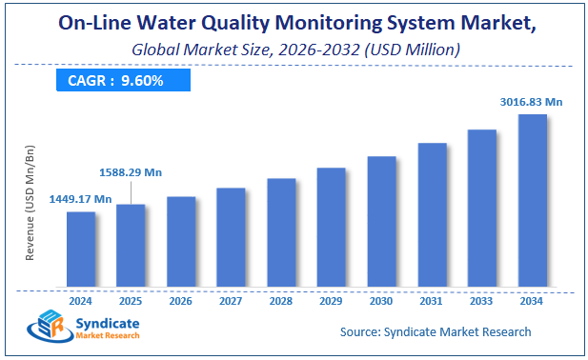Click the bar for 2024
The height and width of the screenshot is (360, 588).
point(81,249)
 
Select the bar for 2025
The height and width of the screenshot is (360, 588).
point(131,245)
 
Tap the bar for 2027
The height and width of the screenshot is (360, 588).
point(231,236)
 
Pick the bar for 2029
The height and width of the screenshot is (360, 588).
point(331,227)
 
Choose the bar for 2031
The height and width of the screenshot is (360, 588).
point(432,214)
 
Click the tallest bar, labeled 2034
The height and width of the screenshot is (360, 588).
point(532,200)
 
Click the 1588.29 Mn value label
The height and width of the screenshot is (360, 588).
point(131,172)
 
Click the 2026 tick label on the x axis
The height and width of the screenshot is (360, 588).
point(181,301)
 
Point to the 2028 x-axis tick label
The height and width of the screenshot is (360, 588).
point(281,301)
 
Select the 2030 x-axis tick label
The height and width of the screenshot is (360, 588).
point(381,301)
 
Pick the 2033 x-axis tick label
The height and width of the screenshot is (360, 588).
point(481,301)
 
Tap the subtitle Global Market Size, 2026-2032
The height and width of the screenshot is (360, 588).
point(294,48)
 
